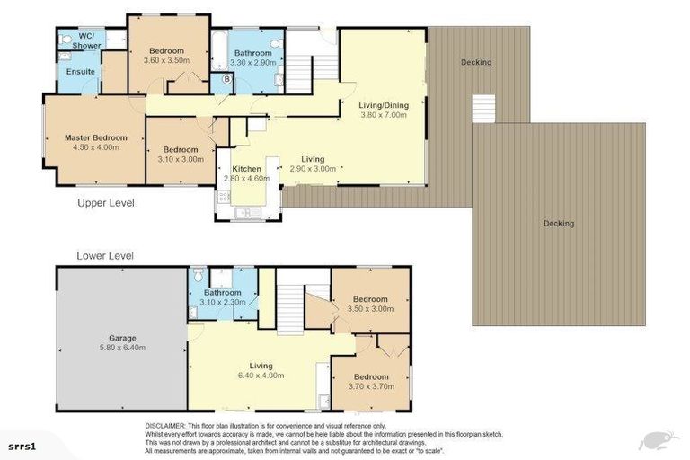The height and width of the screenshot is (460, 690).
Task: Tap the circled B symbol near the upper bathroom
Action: pos(226,79)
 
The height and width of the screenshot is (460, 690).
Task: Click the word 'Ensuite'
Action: pos(68,72)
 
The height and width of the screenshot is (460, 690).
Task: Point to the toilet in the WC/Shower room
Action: pos(65,39)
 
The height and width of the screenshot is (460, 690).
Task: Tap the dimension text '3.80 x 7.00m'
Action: pos(383,115)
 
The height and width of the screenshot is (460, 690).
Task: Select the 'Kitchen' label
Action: pos(246,169)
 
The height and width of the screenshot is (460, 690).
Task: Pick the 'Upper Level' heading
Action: pos(106,203)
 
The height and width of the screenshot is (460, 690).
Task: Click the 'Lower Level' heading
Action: pos(105,255)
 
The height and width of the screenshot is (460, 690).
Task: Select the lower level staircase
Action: pos(289,305)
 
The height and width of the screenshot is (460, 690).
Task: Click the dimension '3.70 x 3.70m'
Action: pos(370,387)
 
